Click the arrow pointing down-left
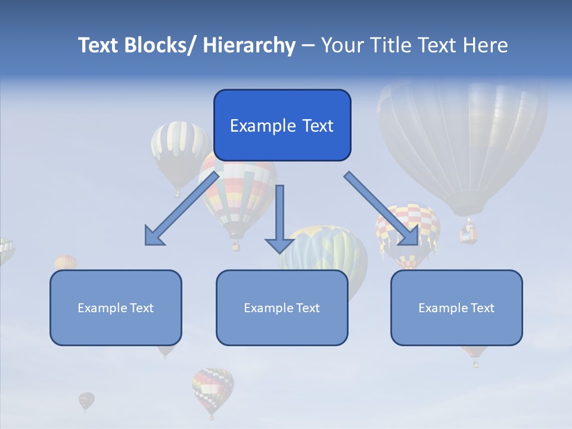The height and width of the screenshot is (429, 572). (x=181, y=209)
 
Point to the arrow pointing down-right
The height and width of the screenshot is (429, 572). (x=382, y=209)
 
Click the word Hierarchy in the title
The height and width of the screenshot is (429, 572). (x=249, y=45)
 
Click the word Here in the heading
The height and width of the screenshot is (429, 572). (x=485, y=45)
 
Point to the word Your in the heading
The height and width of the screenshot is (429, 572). (x=341, y=45)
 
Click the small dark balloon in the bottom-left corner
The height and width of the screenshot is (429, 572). (x=86, y=400)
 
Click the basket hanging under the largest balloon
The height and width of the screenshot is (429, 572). (x=469, y=234)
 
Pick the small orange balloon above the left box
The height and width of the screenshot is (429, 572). (x=66, y=262)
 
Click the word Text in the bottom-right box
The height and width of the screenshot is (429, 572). (x=481, y=308)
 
